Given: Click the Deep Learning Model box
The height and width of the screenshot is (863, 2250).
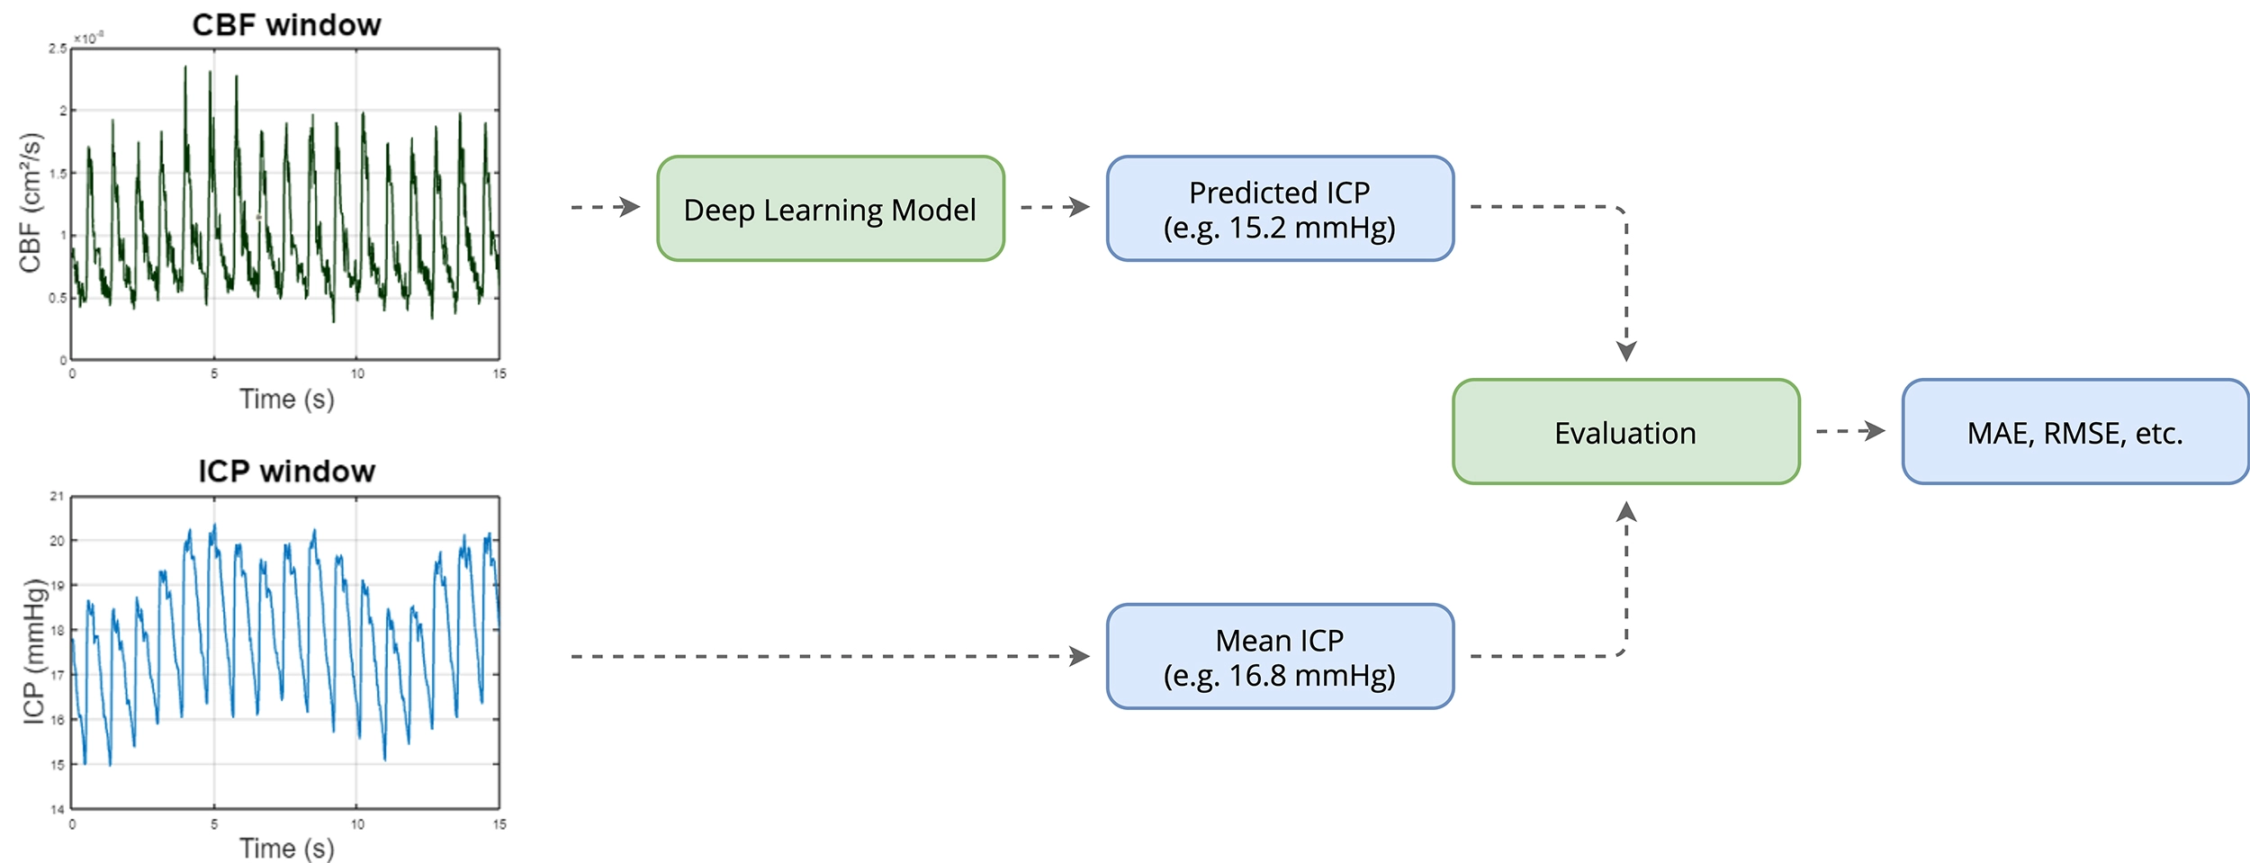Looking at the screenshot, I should point(830,209).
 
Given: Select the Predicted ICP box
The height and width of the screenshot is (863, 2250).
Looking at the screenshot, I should point(1279,209).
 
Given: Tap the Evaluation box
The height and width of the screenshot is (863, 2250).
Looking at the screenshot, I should point(1625,432).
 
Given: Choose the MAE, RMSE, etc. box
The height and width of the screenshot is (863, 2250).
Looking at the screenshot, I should point(2074,432).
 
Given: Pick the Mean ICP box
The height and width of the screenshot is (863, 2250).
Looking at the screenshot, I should point(1279,656).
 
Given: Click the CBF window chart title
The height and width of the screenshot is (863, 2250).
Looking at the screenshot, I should point(286,24).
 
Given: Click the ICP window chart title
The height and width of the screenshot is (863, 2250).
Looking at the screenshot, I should point(286,471).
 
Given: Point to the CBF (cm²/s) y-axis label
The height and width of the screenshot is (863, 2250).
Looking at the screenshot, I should point(31,202).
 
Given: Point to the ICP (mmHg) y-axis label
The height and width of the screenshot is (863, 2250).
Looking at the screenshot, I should point(34,651).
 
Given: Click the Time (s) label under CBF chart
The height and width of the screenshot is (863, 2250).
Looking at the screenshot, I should point(286,399).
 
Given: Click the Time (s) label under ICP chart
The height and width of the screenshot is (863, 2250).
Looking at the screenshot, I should point(286,847).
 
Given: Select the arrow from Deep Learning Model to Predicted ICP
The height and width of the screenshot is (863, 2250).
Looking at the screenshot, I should point(1055,207).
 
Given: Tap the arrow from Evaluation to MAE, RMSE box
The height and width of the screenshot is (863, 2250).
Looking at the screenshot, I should point(1850,431).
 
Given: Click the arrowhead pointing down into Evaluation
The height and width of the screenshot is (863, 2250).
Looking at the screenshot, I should point(1626,351).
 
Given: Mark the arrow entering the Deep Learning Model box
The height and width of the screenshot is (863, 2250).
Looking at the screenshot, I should point(606,207).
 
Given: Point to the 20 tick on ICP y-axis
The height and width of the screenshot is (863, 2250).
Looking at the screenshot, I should point(57,541).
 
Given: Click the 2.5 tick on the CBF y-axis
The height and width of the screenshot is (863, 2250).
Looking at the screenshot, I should point(58,49).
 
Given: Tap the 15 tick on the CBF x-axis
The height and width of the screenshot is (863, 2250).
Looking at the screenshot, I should point(499,373).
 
